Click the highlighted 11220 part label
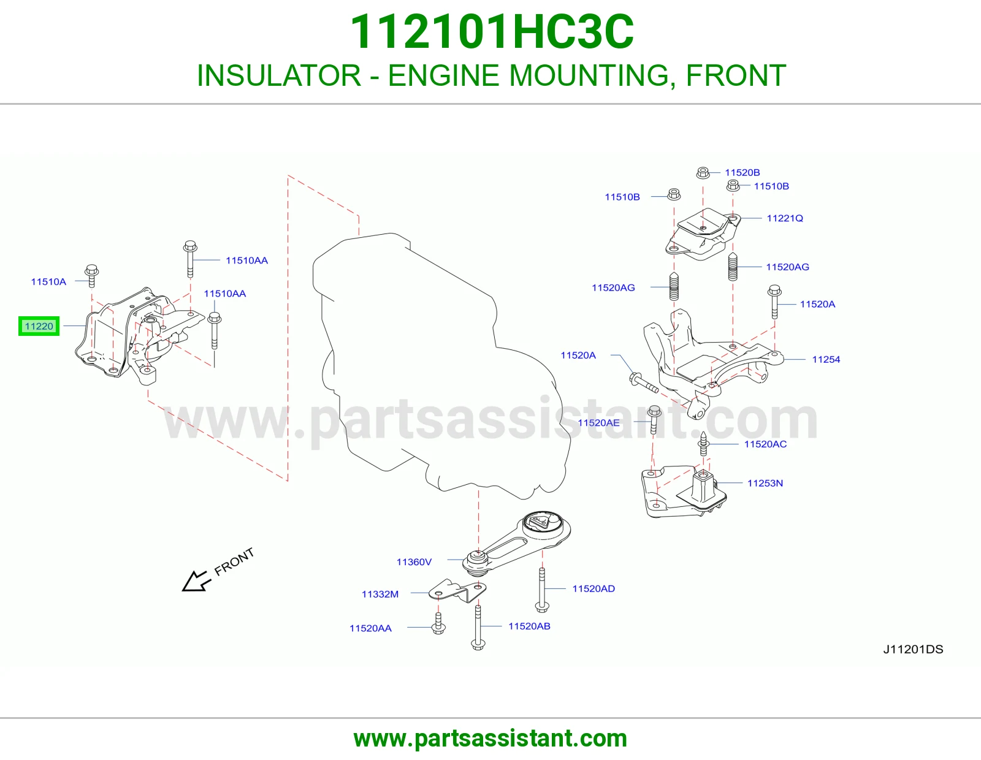pos(39,326)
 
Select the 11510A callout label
pos(48,281)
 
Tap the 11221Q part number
pos(785,218)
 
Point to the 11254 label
pos(826,360)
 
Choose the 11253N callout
pos(765,484)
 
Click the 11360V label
pos(414,562)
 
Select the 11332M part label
pos(380,595)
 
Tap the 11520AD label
pos(594,589)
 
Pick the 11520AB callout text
pos(529,626)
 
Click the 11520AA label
pos(370,629)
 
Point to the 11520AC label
pos(765,444)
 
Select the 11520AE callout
pos(598,423)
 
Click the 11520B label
pos(742,173)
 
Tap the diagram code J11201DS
pos(913,650)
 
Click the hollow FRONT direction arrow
pos(196,581)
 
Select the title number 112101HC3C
pos(492,32)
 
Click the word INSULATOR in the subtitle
pos(279,75)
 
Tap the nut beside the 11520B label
pos(703,172)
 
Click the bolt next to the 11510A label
pos(91,276)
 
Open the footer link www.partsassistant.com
pos(490,739)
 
